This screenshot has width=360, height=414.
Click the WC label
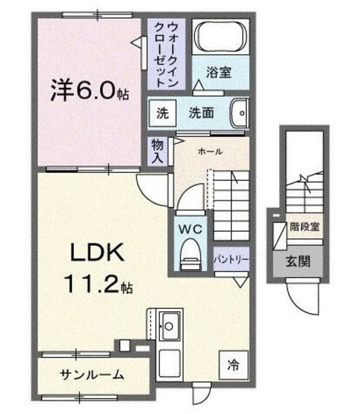(190, 228)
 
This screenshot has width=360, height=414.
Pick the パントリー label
(231, 259)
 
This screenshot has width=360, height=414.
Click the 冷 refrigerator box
(233, 364)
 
